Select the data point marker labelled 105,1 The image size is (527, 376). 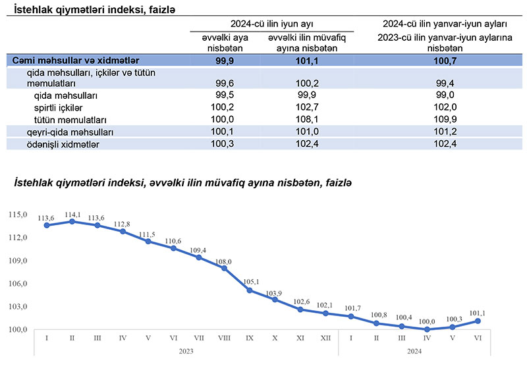(250, 290)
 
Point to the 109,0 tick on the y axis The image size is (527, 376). (18, 261)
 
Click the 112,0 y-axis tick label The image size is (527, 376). (18, 238)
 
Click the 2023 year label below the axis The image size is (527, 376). (186, 351)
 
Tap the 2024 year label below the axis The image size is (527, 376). (414, 351)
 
